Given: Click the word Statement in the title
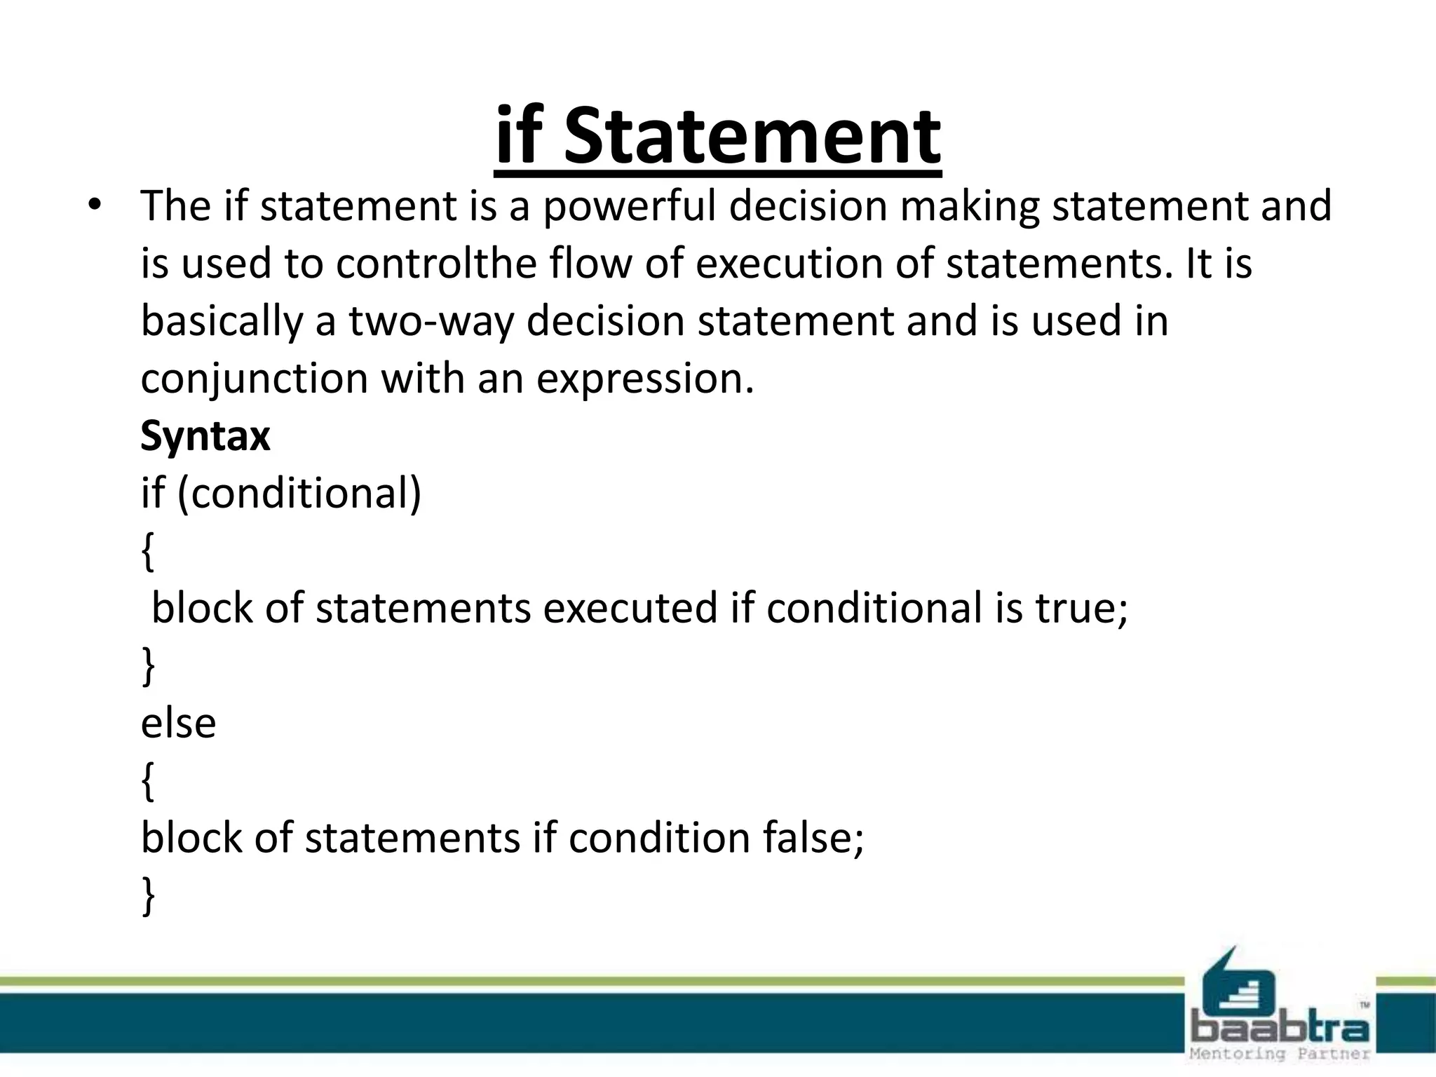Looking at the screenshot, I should click(x=752, y=135).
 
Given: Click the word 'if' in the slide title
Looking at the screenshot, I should click(x=519, y=135).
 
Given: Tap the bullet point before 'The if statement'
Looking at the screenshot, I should click(x=94, y=205).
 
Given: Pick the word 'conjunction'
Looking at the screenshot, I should click(x=254, y=379).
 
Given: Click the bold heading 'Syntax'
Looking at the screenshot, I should click(x=205, y=436).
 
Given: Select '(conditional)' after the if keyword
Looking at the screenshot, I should click(x=299, y=494).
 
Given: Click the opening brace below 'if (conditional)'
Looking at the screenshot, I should click(x=147, y=552).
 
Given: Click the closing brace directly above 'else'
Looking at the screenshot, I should click(x=147, y=667).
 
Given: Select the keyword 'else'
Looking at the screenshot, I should click(x=178, y=724).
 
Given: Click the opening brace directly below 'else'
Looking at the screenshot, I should click(x=147, y=782).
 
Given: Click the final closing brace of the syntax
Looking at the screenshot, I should click(x=147, y=897).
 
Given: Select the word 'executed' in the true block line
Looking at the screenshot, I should click(x=630, y=608).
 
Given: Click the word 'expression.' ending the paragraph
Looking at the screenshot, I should click(x=645, y=379).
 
